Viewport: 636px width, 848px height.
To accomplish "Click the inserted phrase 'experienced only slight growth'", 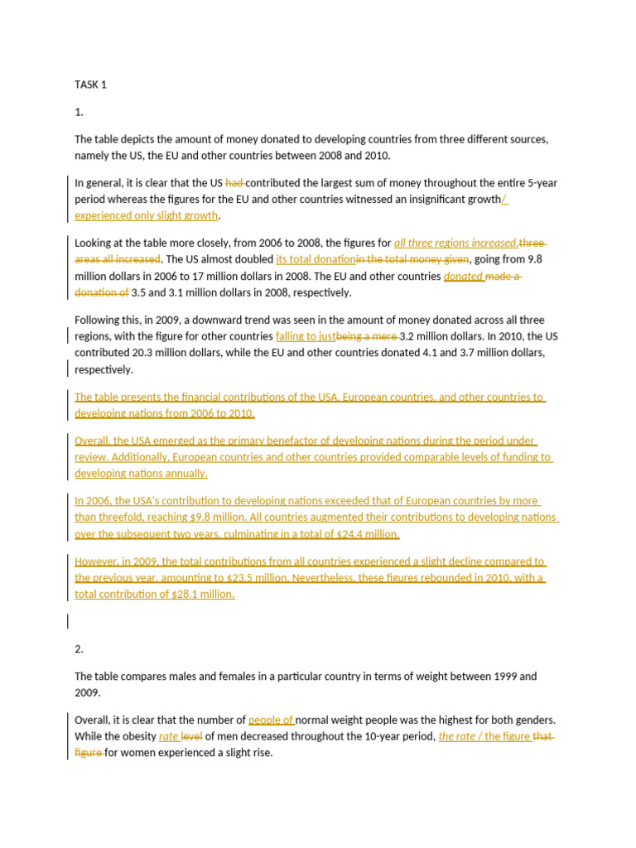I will coord(147,215).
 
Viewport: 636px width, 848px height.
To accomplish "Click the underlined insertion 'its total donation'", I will coord(316,260).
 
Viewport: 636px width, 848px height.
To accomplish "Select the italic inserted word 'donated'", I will coord(463,277).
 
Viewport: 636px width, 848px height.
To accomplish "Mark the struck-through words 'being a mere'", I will coord(366,337).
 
